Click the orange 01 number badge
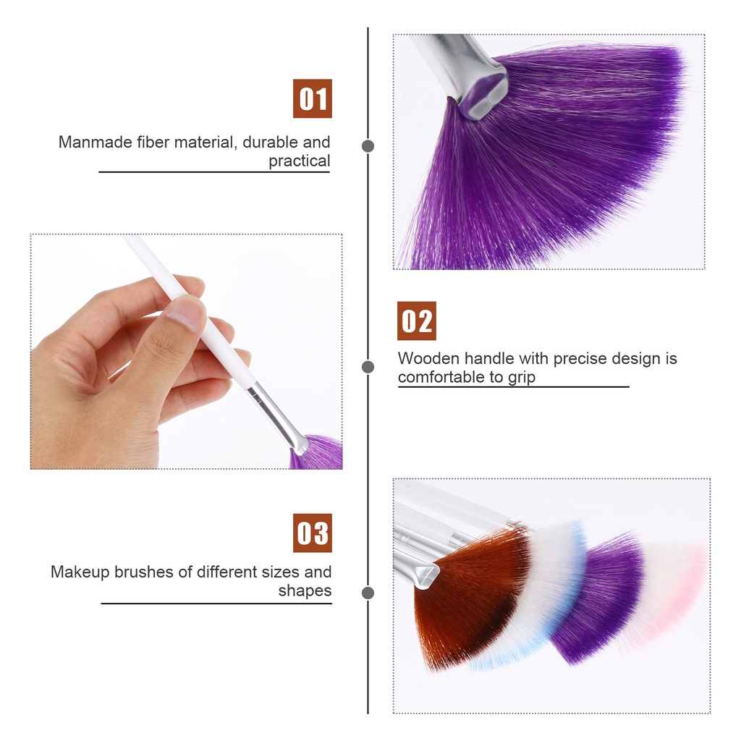(x=313, y=98)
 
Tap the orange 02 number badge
(x=417, y=321)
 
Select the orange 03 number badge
(x=313, y=533)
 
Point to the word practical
(x=299, y=161)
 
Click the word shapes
(x=305, y=590)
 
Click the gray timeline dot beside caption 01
(x=368, y=146)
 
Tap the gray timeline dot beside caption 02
(x=368, y=367)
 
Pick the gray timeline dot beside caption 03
(x=368, y=593)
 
